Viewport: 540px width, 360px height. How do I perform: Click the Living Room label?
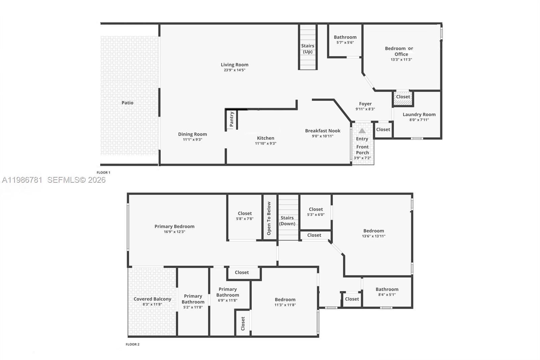[x=235, y=65]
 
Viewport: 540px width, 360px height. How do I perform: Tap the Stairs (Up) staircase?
[x=307, y=47]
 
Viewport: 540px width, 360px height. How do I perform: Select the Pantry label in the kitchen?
[x=232, y=119]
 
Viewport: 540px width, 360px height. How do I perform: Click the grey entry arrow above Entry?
[x=362, y=131]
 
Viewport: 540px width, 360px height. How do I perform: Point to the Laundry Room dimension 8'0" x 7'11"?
[x=419, y=120]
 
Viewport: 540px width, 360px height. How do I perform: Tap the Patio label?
[x=128, y=103]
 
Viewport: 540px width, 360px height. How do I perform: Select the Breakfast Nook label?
[x=323, y=131]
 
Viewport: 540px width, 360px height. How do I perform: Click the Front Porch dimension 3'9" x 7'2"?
[x=362, y=158]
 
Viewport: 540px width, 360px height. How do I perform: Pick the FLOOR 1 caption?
[x=104, y=173]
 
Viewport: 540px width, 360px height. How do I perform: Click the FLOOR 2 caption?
[x=132, y=344]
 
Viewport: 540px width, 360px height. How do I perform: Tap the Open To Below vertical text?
[x=269, y=218]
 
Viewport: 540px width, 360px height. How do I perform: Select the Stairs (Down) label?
[x=287, y=221]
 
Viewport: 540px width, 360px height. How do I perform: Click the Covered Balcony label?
[x=152, y=299]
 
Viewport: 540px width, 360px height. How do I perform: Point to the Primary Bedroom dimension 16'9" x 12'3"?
[x=174, y=232]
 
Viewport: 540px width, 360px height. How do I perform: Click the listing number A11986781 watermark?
[x=22, y=180]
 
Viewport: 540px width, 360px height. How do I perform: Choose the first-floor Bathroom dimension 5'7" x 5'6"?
[x=345, y=43]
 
